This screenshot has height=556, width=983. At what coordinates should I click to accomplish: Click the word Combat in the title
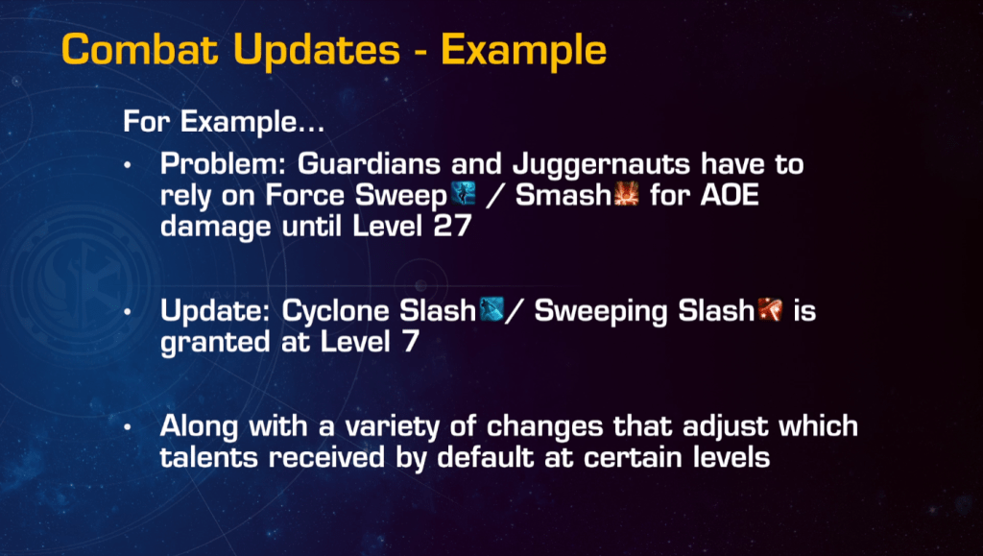coord(140,49)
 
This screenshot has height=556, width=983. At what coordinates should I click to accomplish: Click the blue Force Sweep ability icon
coord(464,194)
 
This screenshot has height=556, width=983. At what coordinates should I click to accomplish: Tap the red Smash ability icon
coord(626,194)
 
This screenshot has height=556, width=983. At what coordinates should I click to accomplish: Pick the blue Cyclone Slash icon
coord(491,309)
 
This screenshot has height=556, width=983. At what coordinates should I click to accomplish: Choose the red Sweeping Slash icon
coord(770,309)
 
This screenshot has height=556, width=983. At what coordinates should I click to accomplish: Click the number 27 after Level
coord(452,226)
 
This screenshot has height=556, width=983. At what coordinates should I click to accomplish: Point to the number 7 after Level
coord(411,342)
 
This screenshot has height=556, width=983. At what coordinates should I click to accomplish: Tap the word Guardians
coord(369,164)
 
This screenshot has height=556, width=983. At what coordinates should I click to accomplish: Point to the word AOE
coord(730,195)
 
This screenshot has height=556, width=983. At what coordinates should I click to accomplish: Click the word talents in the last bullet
coord(208,457)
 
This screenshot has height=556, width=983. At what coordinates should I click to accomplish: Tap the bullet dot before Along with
coord(128,427)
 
